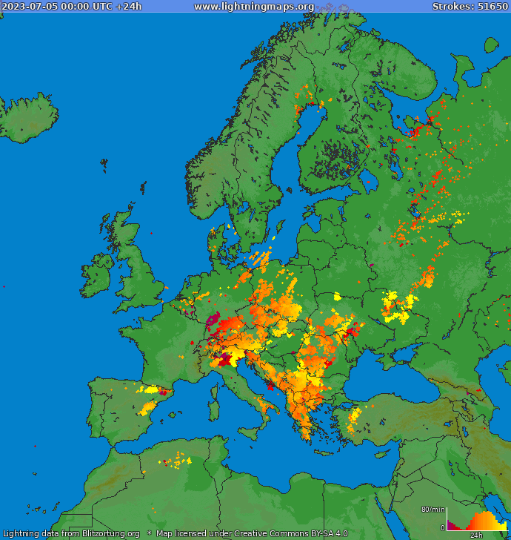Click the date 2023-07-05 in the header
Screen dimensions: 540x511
(x=29, y=7)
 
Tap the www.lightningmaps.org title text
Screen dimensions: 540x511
(x=253, y=7)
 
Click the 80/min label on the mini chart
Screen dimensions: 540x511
(x=432, y=509)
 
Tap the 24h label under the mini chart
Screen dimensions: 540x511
(x=476, y=535)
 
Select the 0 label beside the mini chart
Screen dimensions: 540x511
(x=442, y=527)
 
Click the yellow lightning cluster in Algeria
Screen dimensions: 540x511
(x=177, y=461)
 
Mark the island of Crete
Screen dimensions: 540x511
(x=327, y=453)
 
